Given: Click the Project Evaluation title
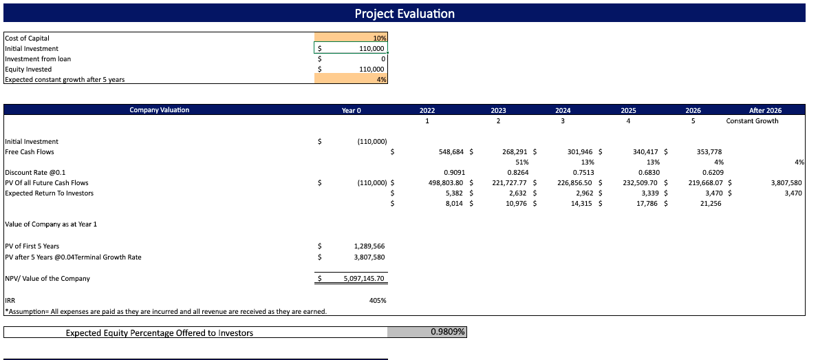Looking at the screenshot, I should click(x=405, y=14).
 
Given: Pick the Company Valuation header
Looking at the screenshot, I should click(x=159, y=110).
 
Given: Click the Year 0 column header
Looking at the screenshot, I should click(x=351, y=110).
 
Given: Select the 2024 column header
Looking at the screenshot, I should click(x=563, y=110).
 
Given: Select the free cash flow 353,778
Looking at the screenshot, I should click(x=709, y=152).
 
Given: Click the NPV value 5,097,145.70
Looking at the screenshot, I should click(x=365, y=279).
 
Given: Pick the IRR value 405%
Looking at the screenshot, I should click(x=378, y=301).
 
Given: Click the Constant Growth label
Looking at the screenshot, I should click(x=752, y=121).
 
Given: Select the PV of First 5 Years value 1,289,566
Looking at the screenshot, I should click(x=369, y=246).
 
